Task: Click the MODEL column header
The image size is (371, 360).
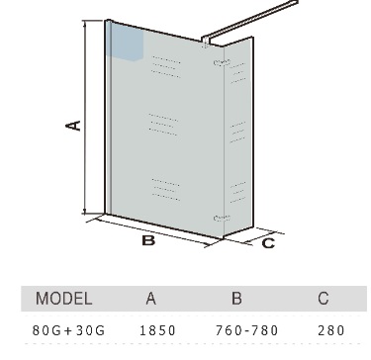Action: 63,299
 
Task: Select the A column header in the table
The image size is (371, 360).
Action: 150,299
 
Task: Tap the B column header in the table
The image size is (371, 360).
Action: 236,299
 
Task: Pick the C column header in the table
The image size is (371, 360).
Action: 324,299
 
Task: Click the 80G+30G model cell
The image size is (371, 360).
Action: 68,330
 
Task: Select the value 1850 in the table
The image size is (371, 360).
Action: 158,330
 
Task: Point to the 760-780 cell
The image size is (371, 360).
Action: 247,330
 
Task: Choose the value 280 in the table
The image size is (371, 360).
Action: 331,330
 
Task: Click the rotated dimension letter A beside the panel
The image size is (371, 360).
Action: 73,126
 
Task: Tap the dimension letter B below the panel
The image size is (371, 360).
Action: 148,240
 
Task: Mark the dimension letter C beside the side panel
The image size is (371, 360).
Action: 268,243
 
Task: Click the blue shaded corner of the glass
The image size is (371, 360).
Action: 127,43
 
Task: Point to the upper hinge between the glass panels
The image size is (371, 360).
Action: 222,62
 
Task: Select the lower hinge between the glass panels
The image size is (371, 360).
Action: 222,218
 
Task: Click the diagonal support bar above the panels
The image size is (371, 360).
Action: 249,21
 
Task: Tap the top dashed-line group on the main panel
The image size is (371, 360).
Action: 166,67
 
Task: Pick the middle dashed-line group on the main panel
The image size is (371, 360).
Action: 163,125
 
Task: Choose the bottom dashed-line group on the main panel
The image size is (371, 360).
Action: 166,190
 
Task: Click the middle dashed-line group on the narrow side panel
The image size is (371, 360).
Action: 237,133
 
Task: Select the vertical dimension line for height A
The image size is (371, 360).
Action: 85,117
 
